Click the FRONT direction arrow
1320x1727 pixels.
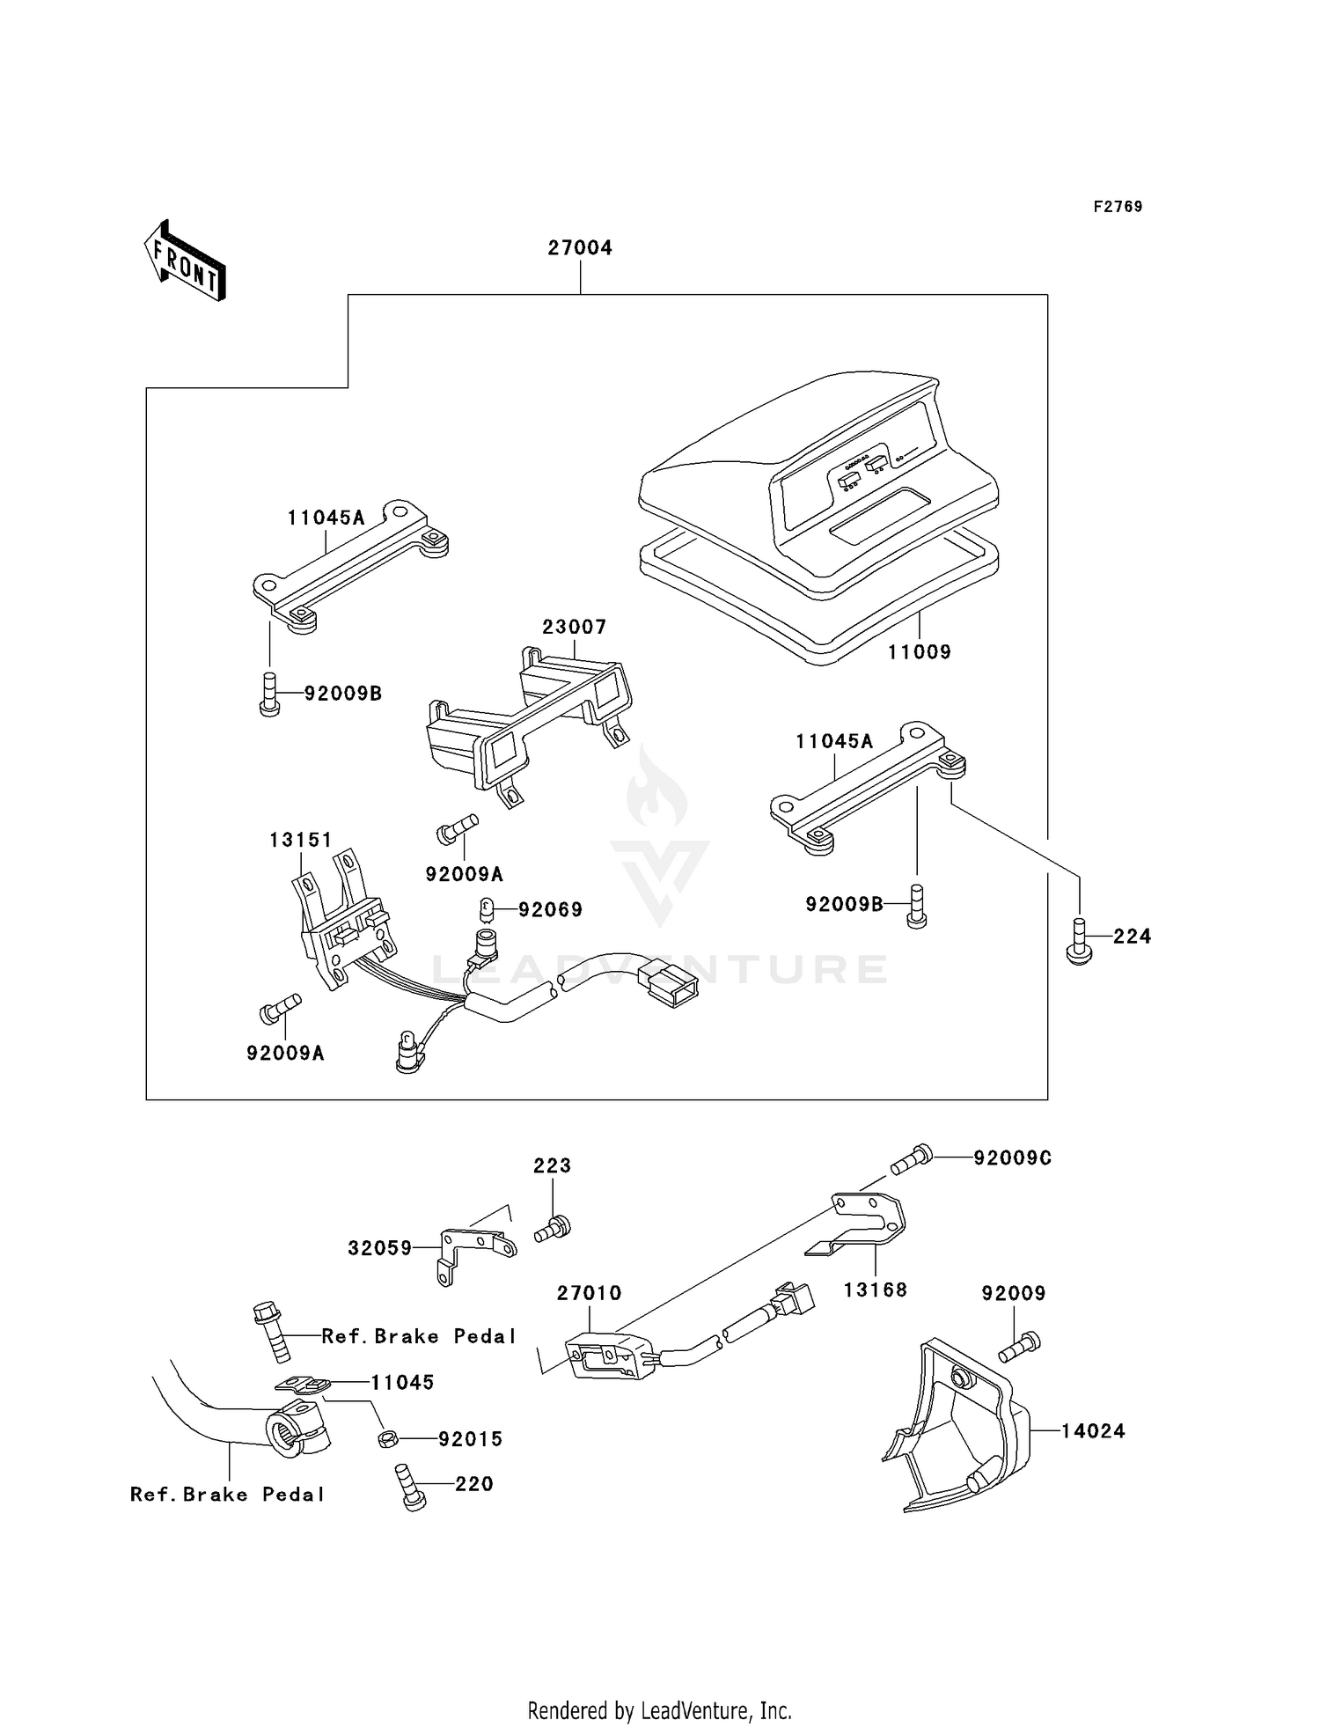[x=186, y=261]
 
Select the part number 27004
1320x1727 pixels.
[x=580, y=248]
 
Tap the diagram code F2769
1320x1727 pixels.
[x=1118, y=207]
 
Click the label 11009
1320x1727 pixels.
[x=919, y=652]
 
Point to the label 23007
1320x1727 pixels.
[x=574, y=627]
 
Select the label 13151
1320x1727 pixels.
[x=301, y=841]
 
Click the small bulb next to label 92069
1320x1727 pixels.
[x=485, y=908]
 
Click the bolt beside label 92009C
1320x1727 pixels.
[x=912, y=1158]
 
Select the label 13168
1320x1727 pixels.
[x=875, y=1290]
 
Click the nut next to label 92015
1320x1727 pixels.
[x=387, y=1439]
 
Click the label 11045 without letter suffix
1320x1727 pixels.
[x=402, y=1383]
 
